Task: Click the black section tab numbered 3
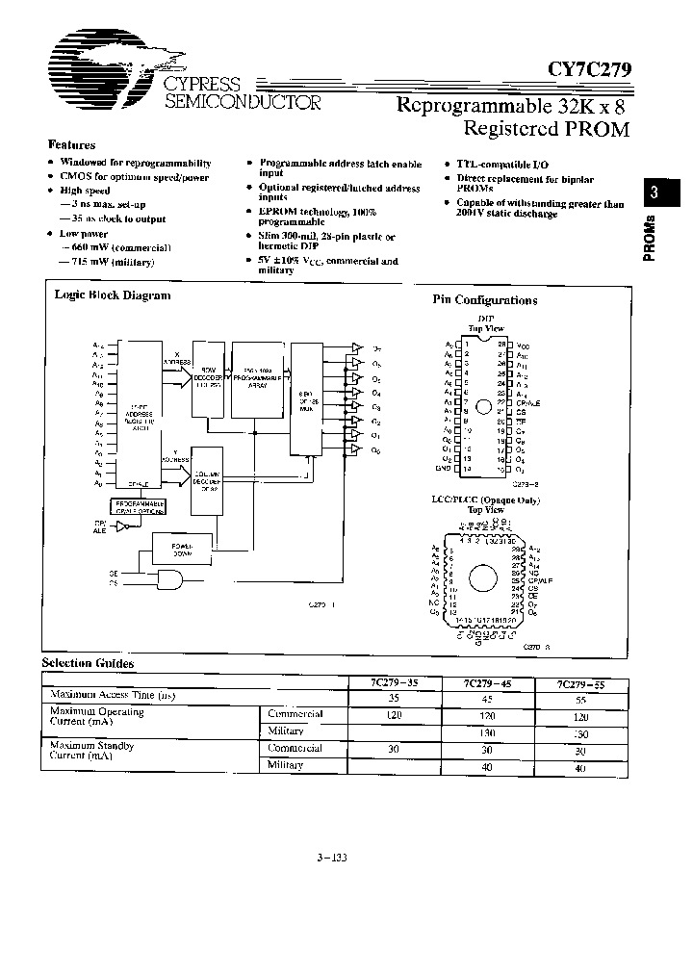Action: point(654,192)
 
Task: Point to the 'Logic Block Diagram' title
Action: point(113,295)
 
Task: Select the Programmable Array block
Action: point(257,377)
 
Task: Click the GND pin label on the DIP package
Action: point(444,470)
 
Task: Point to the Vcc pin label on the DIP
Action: point(522,345)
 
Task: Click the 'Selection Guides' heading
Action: point(88,663)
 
